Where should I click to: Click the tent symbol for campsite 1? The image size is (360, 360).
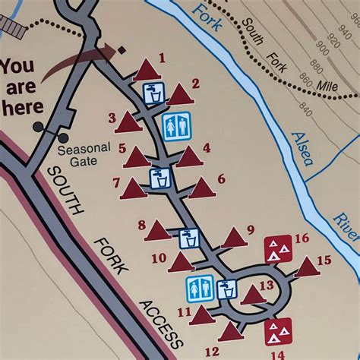pos(145,71)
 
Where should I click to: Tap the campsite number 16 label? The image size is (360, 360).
pos(302,238)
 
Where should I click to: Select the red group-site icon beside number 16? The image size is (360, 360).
pos(279,247)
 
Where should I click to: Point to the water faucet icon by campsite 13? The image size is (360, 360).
pos(226,289)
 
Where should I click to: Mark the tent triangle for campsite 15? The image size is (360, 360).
pos(305,268)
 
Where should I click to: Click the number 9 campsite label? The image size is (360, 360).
pos(251,229)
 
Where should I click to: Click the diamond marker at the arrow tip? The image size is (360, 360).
pos(121,51)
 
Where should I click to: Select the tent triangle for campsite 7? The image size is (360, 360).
pos(133,188)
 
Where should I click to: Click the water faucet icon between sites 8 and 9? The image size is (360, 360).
pos(189,238)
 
